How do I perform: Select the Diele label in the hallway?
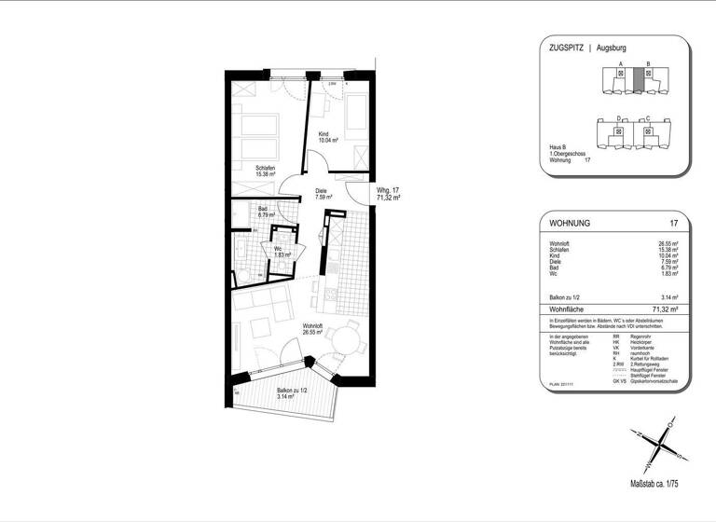point(323,193)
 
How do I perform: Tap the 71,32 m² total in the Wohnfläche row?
point(663,307)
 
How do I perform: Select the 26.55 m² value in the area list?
point(667,243)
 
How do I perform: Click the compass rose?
point(656,445)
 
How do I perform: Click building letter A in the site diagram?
point(620,63)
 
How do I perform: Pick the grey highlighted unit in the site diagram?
point(638,79)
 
